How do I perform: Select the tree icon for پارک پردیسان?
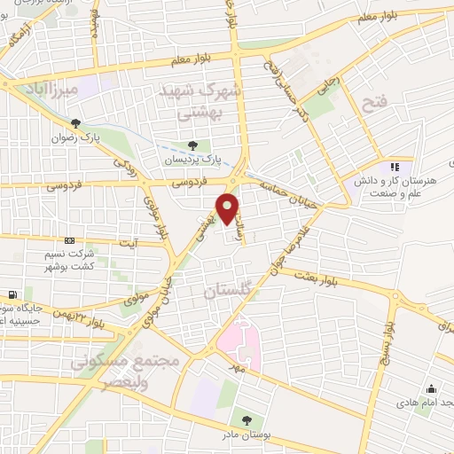click(194, 145)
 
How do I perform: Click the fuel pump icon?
click(12, 294)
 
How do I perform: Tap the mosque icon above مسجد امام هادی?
click(431, 388)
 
